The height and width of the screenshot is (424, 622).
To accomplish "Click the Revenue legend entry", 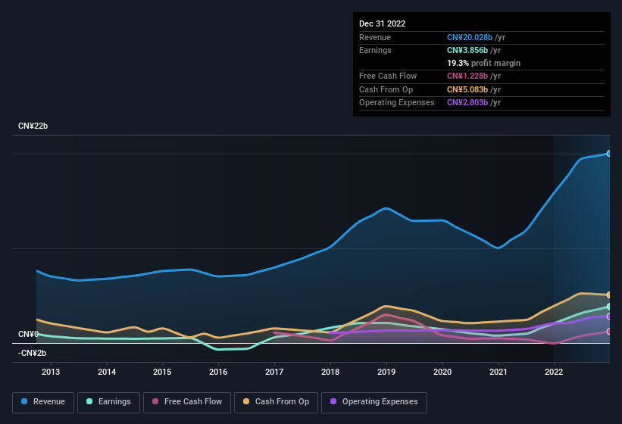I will pos(43,401).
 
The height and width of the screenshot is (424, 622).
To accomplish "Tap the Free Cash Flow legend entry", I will pos(186,401).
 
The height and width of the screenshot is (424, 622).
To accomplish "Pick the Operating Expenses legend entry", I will pos(374,401).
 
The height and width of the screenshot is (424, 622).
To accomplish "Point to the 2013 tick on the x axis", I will pos(51,372).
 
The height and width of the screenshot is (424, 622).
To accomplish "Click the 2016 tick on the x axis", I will pos(218,372).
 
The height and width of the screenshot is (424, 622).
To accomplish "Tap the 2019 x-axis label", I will pos(386,372).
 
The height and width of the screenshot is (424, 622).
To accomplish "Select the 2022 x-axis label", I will pos(554,372).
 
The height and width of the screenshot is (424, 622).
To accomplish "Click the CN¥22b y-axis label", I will pos(33,126).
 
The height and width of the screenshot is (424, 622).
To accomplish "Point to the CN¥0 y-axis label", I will pos(28,334).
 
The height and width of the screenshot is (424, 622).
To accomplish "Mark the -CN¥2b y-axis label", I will pos(33,353).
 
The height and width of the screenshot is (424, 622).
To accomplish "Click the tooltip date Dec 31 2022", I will pos(383,23).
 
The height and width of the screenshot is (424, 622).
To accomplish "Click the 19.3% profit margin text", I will pos(483,63).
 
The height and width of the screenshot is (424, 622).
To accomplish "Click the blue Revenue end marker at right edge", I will pos(609,153).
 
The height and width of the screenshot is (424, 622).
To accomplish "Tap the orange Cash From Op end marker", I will pos(609,295).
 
